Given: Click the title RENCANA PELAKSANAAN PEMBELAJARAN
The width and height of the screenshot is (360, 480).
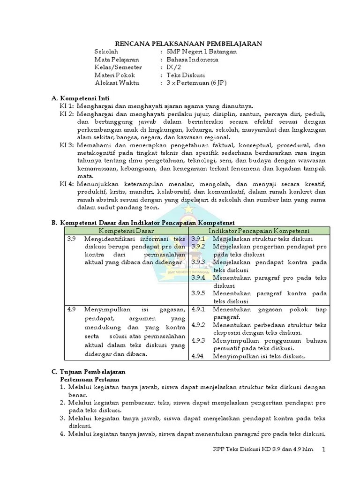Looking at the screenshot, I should [189, 43].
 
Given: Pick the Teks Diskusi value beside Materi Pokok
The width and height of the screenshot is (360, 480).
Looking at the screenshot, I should [186, 75].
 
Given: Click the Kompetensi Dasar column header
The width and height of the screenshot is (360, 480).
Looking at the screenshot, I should [127, 231].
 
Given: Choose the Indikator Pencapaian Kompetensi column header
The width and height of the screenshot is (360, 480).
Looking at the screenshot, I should [259, 231].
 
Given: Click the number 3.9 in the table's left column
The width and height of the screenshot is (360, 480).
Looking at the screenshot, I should [71, 239].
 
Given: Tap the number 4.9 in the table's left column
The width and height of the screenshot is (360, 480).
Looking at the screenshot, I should [71, 309].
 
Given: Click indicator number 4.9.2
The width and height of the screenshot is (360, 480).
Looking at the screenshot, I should [199, 325].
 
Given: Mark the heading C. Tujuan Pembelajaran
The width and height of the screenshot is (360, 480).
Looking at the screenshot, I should [88, 371].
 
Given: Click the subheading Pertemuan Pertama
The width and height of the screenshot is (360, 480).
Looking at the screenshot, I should [90, 379].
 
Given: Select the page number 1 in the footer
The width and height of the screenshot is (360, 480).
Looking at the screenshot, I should [323, 450].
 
